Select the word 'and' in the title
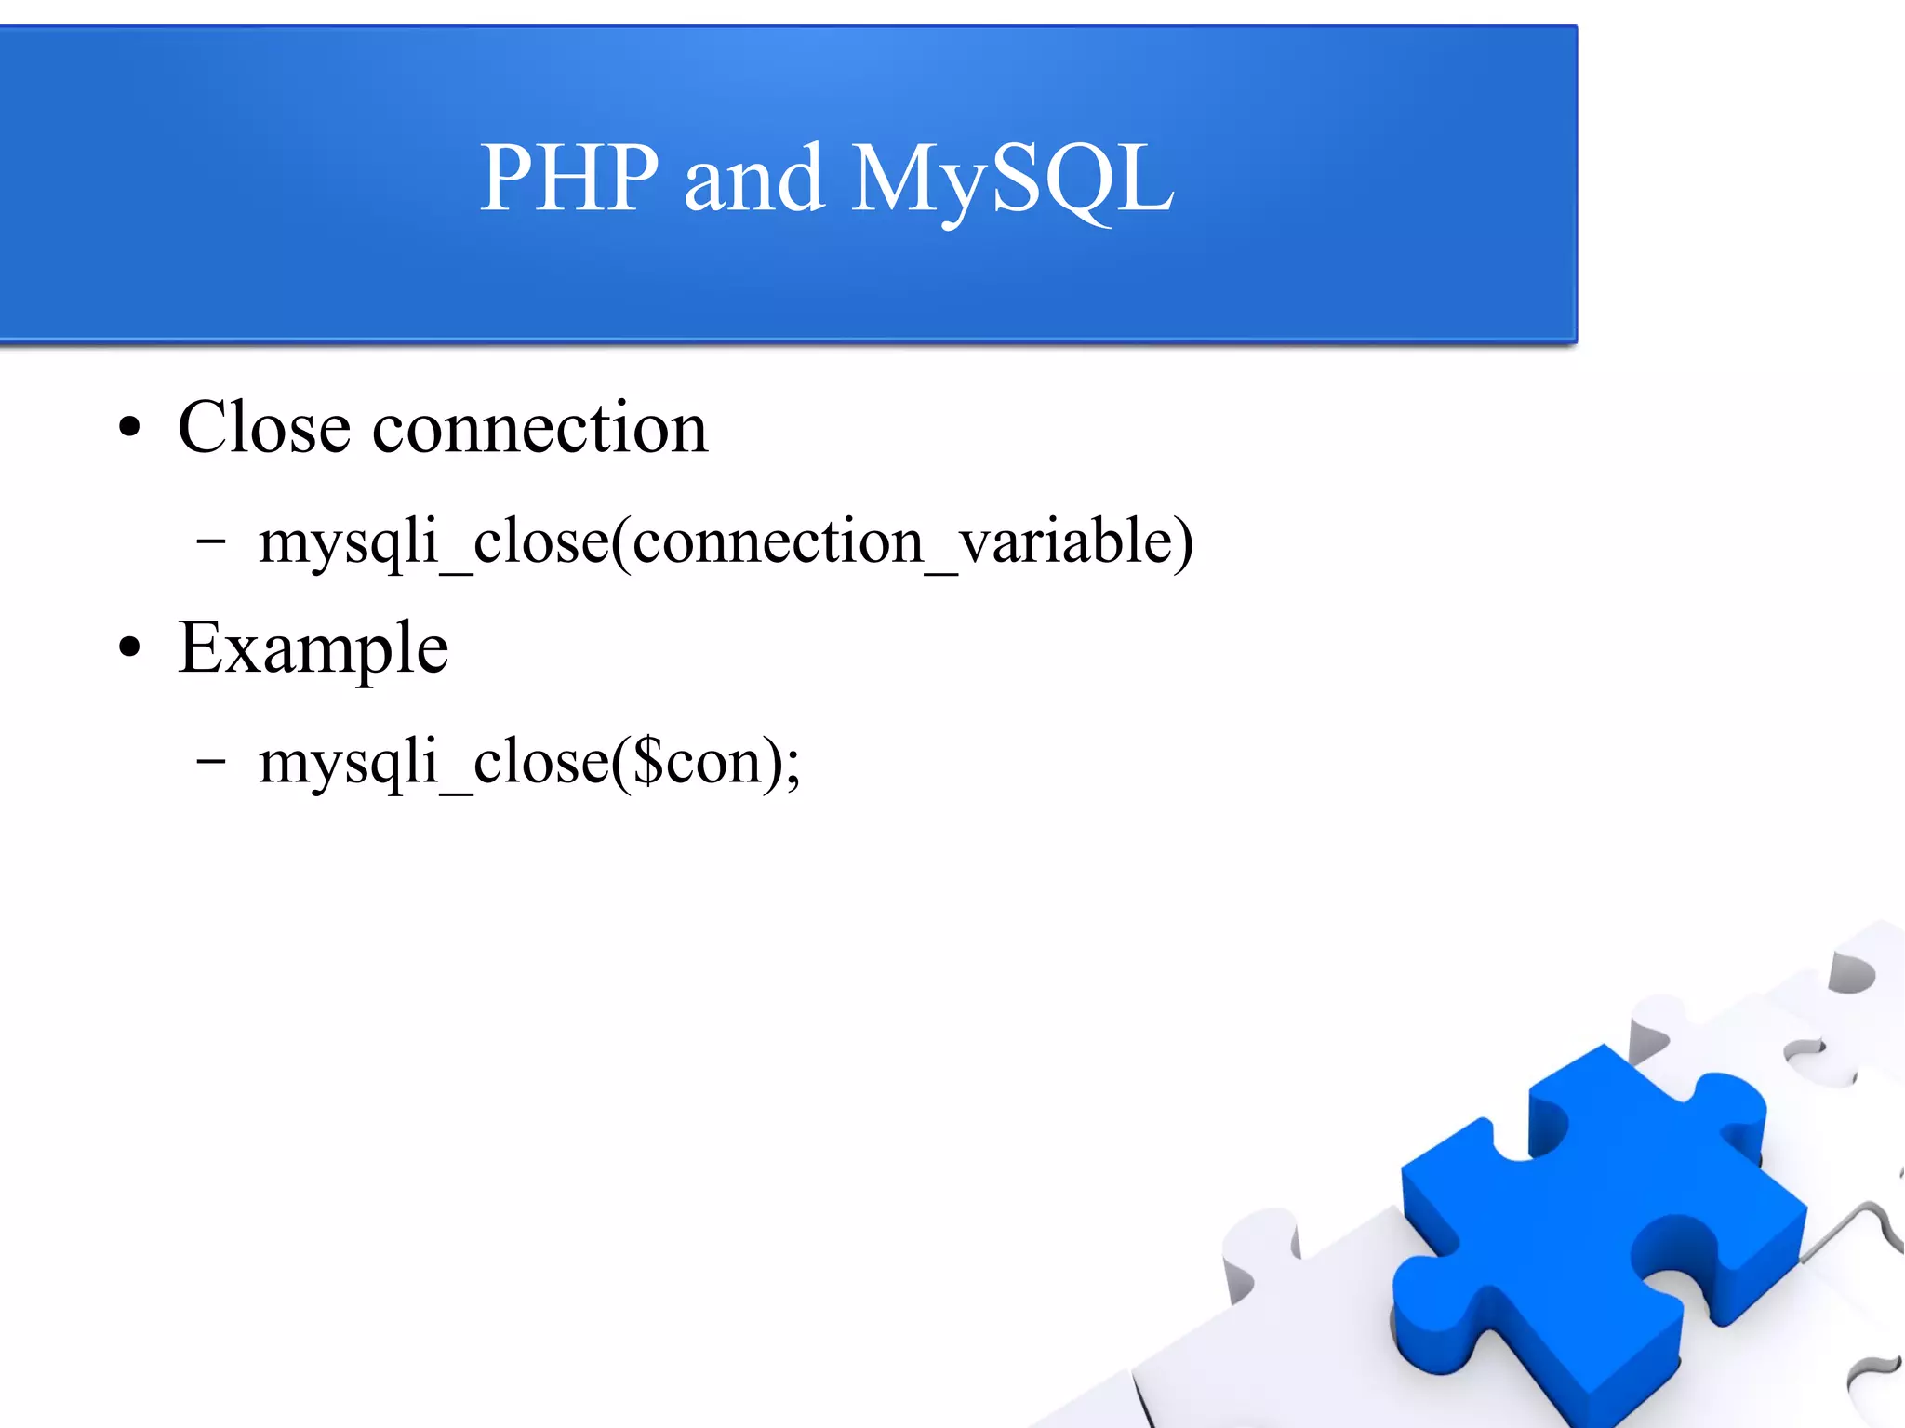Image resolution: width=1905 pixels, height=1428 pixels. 753,179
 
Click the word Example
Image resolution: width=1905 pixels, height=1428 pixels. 313,648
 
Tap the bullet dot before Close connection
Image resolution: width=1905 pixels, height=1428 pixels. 130,429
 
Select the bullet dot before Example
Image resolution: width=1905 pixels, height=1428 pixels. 130,648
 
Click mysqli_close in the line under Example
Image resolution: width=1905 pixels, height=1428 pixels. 433,762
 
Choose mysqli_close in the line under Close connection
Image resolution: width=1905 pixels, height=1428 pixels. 433,541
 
